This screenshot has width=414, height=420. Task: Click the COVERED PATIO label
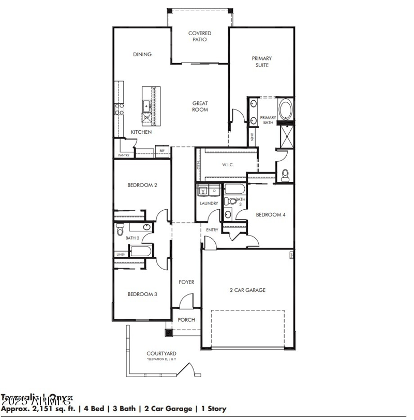pyautogui.click(x=199, y=36)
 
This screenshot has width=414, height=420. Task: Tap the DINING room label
pyautogui.click(x=142, y=54)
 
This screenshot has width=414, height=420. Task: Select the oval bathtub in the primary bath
pyautogui.click(x=285, y=109)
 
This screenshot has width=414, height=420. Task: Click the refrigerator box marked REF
pyautogui.click(x=161, y=151)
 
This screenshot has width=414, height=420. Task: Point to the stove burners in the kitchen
pyautogui.click(x=119, y=108)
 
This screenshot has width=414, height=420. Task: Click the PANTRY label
pyautogui.click(x=124, y=155)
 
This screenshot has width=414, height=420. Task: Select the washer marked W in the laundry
pyautogui.click(x=202, y=191)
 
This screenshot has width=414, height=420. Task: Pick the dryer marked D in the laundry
pyautogui.click(x=214, y=191)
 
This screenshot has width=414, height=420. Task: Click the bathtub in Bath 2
pyautogui.click(x=140, y=252)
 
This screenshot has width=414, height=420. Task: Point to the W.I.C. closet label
pyautogui.click(x=228, y=165)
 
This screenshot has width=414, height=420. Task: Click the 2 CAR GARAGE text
pyautogui.click(x=247, y=290)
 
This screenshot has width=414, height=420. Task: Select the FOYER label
pyautogui.click(x=186, y=282)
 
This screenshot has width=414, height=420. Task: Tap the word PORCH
pyautogui.click(x=186, y=320)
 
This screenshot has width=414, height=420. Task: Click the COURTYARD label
pyautogui.click(x=161, y=353)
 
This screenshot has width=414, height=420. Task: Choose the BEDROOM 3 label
pyautogui.click(x=142, y=294)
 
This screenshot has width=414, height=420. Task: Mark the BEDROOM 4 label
pyautogui.click(x=271, y=214)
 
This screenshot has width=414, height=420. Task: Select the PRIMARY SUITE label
pyautogui.click(x=262, y=61)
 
